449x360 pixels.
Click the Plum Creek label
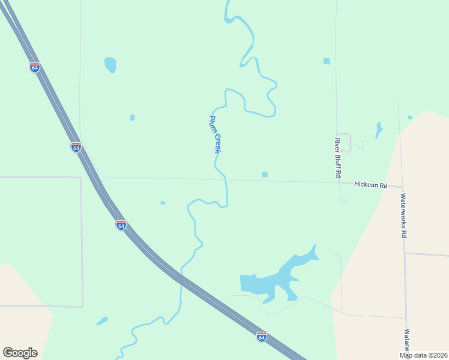[215, 134]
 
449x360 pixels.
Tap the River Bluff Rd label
[338, 157]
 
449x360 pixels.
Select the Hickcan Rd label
[370, 185]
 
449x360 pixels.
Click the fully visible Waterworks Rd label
[403, 215]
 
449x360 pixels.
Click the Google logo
[20, 353]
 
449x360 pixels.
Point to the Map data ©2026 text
[423, 355]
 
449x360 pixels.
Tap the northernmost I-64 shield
[35, 67]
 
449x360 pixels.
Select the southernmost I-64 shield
[261, 337]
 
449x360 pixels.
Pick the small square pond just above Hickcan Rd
[265, 175]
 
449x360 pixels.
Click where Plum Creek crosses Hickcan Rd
[226, 179]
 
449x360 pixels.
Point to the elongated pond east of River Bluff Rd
[378, 130]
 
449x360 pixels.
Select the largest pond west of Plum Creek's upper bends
[110, 64]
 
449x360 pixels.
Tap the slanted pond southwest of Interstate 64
[102, 321]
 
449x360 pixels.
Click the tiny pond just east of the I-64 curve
[163, 203]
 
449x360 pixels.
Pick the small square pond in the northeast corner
[326, 61]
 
